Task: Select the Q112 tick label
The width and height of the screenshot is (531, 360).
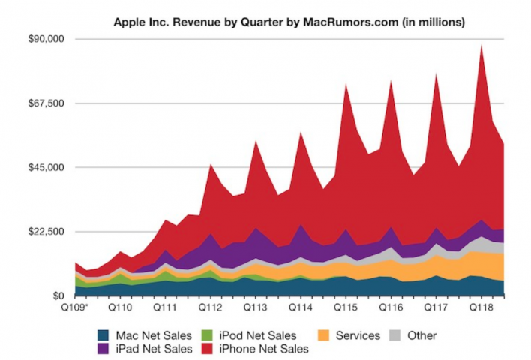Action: (210, 307)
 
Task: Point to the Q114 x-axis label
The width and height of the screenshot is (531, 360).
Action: (300, 307)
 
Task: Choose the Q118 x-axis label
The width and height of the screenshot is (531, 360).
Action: (479, 307)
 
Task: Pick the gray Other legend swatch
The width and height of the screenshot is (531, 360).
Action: (399, 335)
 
